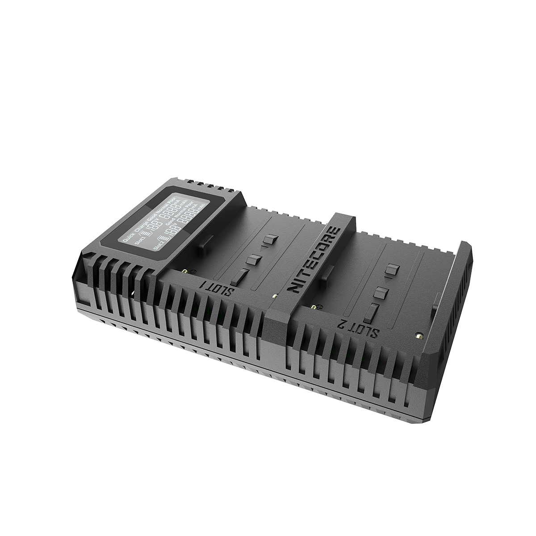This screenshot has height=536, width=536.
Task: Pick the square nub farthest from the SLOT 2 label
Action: click(392, 269)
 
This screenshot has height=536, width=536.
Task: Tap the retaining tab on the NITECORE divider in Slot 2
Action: click(328, 271)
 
